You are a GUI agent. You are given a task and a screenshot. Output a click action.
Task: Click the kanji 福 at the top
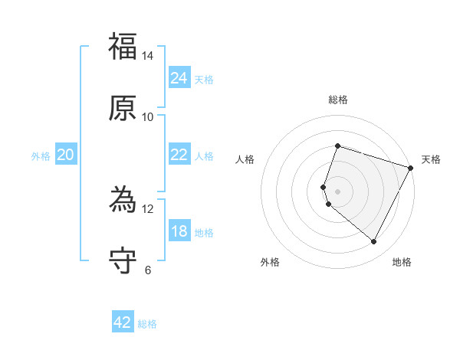coord(123,47)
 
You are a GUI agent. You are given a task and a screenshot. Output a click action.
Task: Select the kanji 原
coord(123,108)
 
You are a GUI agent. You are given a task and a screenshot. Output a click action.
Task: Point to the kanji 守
coord(123,260)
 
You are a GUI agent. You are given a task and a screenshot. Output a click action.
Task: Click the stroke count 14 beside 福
coord(148,56)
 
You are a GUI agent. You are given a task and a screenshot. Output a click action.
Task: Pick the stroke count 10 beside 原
coord(148,116)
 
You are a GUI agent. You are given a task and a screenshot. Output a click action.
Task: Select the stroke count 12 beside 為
coord(148,208)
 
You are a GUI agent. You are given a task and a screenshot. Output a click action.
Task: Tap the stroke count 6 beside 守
coord(148,269)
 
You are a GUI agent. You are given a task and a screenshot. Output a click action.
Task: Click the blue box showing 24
coord(179,78)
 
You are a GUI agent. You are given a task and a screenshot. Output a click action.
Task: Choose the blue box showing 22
coord(179,155)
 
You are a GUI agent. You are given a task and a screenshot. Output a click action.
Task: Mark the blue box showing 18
coord(179,231)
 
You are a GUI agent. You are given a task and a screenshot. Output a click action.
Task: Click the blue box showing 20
coord(65,155)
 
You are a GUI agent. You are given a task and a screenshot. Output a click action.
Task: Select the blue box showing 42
coord(123,322)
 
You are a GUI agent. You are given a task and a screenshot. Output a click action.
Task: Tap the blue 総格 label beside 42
coord(147,324)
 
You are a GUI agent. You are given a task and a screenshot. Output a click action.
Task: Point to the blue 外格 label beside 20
coord(41,156)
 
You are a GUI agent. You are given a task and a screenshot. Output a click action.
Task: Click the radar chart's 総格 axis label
coord(337,100)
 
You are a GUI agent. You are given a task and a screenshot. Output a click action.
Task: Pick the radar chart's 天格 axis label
coord(431,159)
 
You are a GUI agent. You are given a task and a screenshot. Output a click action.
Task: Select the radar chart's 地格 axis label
coord(402,262)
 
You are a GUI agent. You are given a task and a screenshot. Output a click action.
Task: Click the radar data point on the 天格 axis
coord(411,168)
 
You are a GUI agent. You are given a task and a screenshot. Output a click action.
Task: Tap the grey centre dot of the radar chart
coord(337,191)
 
